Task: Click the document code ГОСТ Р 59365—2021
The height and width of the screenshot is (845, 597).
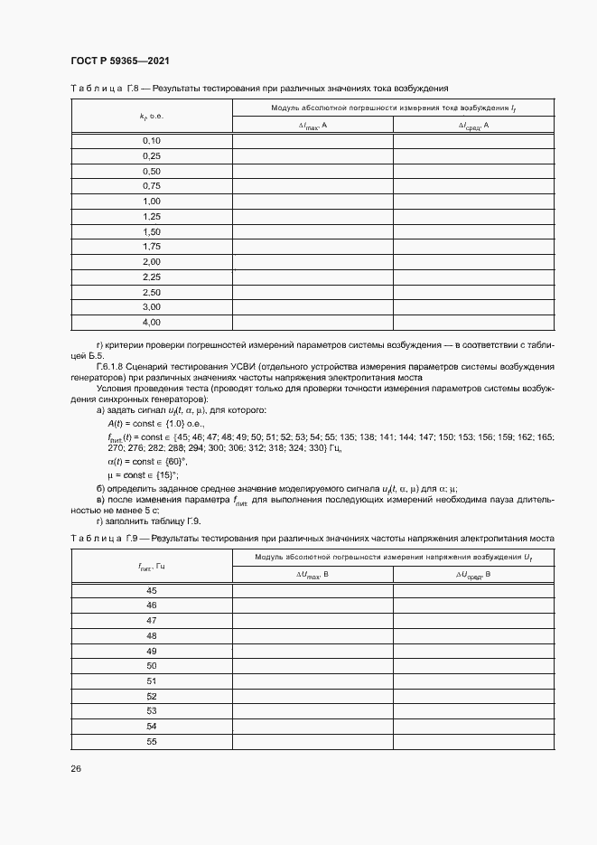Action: click(119, 61)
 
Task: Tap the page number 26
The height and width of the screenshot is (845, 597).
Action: click(76, 769)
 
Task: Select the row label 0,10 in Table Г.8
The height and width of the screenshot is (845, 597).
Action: click(151, 141)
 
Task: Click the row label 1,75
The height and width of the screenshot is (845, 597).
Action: click(151, 247)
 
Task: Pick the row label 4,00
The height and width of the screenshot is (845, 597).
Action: click(151, 323)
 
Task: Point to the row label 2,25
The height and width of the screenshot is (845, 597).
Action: click(151, 277)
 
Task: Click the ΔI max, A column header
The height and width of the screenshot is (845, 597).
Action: click(312, 126)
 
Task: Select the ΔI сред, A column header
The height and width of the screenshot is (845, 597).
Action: click(472, 126)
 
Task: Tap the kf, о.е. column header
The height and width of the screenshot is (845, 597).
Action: click(151, 117)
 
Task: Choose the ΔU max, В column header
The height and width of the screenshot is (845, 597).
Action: click(312, 575)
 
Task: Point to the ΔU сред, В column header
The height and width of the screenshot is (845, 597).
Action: click(472, 575)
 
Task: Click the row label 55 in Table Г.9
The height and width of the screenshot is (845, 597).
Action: click(151, 742)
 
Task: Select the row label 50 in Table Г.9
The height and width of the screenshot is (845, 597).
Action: click(151, 666)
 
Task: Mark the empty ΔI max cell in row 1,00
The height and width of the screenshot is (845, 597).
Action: click(312, 202)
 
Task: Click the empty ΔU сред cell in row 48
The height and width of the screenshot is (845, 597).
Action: click(472, 635)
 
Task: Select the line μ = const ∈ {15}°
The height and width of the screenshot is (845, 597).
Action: click(143, 474)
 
